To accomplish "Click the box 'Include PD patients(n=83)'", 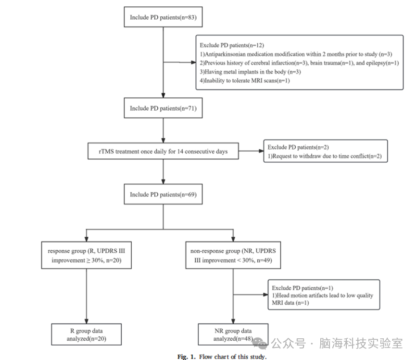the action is click(163, 17).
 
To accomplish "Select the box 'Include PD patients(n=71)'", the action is click(163, 108).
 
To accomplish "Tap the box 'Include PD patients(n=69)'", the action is click(163, 194).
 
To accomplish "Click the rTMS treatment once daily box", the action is click(163, 151).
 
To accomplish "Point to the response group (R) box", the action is click(86, 255).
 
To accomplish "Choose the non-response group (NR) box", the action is click(233, 255).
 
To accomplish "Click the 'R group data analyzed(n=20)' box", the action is click(86, 334).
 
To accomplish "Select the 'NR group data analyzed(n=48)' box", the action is click(233, 334).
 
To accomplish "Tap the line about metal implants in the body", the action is click(250, 72).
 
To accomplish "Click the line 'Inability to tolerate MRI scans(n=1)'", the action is click(245, 80).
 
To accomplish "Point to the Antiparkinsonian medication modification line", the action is click(296, 54).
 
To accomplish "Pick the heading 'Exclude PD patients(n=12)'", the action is click(232, 45).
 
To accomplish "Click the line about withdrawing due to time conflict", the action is click(325, 156).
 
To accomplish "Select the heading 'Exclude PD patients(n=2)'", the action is click(298, 147).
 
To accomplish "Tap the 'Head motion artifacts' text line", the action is click(322, 296).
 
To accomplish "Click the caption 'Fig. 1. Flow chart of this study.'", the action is click(222, 357).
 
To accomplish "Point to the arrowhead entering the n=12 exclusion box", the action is click(193, 63).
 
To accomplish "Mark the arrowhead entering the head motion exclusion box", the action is click(265, 295).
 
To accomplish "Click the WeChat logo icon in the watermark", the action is click(260, 343).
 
